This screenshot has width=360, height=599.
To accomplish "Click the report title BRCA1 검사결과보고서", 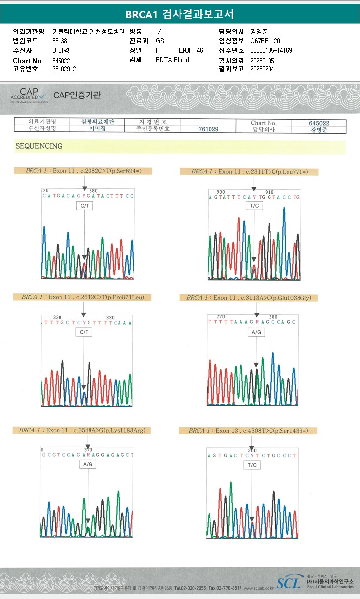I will tap(180, 14).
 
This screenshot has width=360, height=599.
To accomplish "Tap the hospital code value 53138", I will tap(60, 41).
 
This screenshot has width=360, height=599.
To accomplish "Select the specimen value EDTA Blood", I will tap(172, 60).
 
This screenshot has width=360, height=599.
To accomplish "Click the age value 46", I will tap(199, 50).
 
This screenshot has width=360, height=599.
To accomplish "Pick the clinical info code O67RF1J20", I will tap(265, 41).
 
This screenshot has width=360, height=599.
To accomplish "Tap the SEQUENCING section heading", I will tap(39, 146).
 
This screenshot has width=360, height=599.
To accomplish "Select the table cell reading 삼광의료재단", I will tap(97, 122).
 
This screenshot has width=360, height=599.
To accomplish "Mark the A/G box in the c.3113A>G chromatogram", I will tap(256, 332).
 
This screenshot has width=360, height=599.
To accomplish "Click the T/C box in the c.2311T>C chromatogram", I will tap(254, 205).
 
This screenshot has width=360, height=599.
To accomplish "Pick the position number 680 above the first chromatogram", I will tap(93, 191).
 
